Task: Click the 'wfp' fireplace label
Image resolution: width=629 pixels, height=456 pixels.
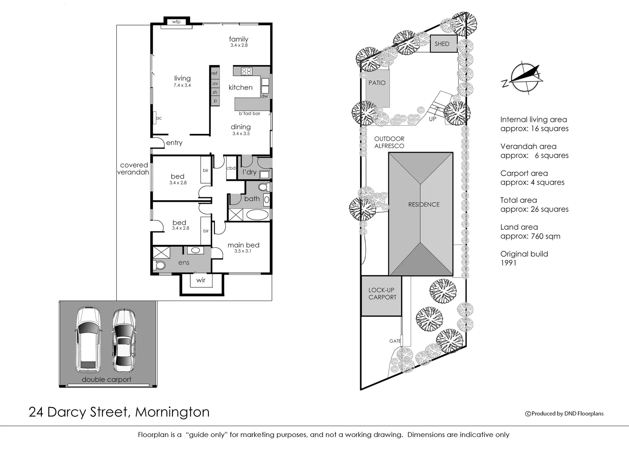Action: coord(176,22)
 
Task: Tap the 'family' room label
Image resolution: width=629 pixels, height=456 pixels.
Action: coord(238,39)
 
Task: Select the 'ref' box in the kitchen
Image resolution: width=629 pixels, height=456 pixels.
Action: coord(215,73)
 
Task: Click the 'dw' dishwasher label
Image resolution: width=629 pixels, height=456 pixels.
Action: coord(264,96)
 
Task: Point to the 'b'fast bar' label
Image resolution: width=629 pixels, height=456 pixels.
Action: coord(249,114)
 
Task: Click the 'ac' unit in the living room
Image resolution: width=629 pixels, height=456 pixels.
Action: coord(159,118)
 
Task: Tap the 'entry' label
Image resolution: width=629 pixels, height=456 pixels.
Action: coord(174,143)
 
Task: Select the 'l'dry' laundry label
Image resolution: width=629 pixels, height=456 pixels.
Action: coord(249,172)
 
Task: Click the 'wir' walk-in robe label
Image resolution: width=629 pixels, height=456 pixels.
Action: coord(201,280)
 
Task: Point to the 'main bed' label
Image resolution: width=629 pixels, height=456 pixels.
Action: coord(243,245)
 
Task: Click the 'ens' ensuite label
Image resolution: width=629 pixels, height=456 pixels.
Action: coord(184,263)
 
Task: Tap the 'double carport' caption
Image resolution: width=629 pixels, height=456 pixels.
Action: coord(107,380)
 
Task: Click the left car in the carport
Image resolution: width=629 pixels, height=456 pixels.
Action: coord(88,339)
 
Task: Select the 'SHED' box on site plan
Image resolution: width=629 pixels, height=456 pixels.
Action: coord(442,44)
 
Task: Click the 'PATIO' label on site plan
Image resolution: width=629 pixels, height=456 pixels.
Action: coord(377,83)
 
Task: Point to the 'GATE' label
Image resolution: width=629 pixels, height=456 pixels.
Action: coord(395,341)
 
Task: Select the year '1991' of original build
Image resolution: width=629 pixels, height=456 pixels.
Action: coord(508,263)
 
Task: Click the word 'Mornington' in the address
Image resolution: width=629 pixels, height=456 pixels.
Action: coord(172,412)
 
